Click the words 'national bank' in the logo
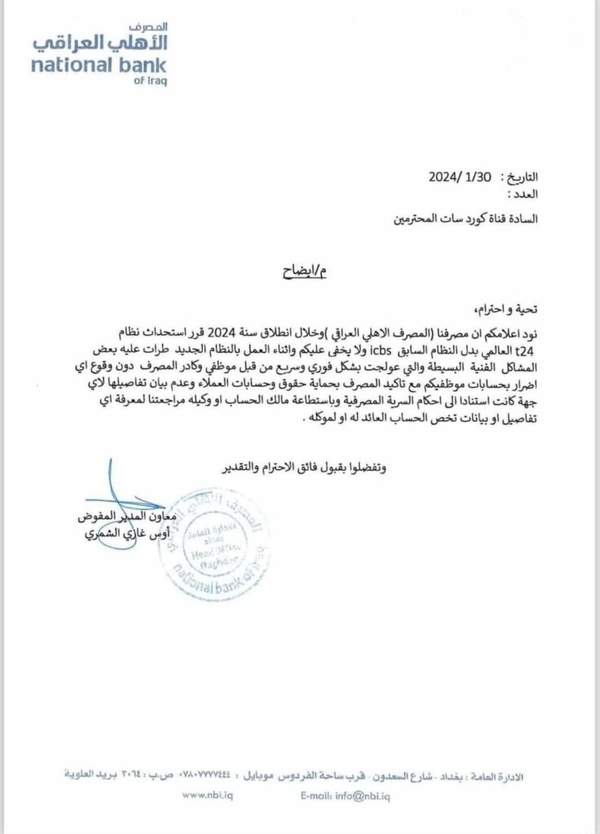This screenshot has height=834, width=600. tap(99, 65)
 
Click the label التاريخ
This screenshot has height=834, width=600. tap(521, 178)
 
